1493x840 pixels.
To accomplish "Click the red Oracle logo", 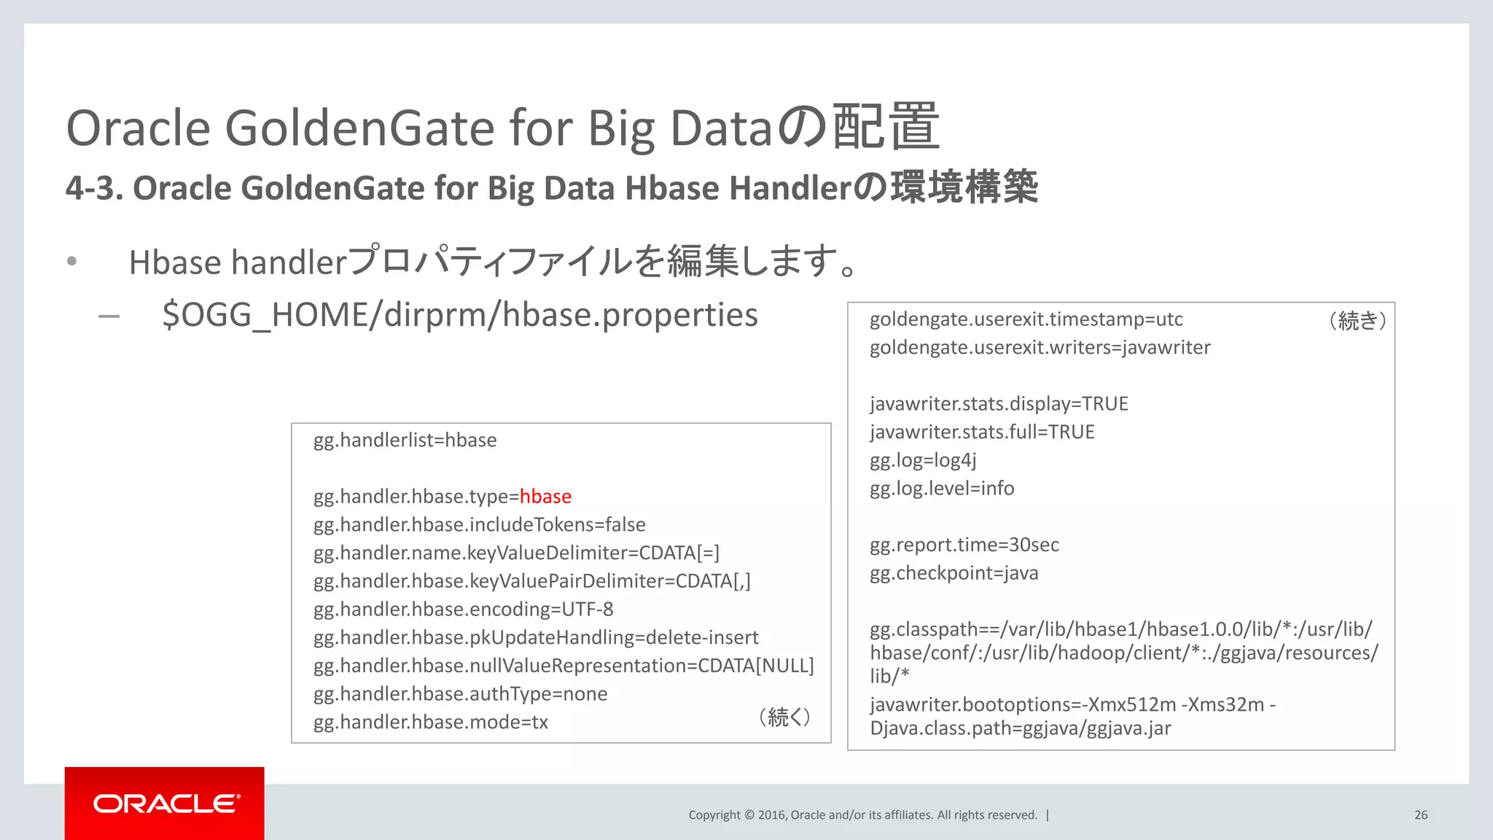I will pyautogui.click(x=165, y=804).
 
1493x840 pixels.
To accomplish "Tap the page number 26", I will pyautogui.click(x=1421, y=815).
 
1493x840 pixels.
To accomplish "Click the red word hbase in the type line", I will pyautogui.click(x=545, y=497).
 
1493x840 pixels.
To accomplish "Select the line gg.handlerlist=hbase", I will pyautogui.click(x=405, y=440).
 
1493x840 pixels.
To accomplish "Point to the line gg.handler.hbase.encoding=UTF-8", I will pyautogui.click(x=463, y=610).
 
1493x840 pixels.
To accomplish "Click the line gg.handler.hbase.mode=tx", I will pyautogui.click(x=430, y=722).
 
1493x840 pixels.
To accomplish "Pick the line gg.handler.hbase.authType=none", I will pyautogui.click(x=460, y=694).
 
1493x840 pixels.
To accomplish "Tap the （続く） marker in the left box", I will pyautogui.click(x=784, y=717).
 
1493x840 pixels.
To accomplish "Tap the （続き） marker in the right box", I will pyautogui.click(x=1357, y=320).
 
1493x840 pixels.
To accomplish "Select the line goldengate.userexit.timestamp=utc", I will pyautogui.click(x=1026, y=319).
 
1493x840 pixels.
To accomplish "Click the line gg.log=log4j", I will pyautogui.click(x=922, y=460).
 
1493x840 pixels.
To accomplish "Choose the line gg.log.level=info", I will pyautogui.click(x=941, y=489).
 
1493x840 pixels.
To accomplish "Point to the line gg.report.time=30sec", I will pyautogui.click(x=964, y=545).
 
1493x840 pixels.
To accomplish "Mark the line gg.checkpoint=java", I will pyautogui.click(x=954, y=573).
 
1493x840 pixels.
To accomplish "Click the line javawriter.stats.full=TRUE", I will pyautogui.click(x=981, y=432).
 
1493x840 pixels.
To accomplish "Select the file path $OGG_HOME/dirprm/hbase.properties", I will pyautogui.click(x=460, y=315).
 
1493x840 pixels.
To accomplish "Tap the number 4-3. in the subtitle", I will pyautogui.click(x=94, y=188).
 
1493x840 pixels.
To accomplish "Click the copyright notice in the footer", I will pyautogui.click(x=862, y=815).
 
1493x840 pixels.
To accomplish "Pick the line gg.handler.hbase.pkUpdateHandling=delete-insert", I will pyautogui.click(x=536, y=638).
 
